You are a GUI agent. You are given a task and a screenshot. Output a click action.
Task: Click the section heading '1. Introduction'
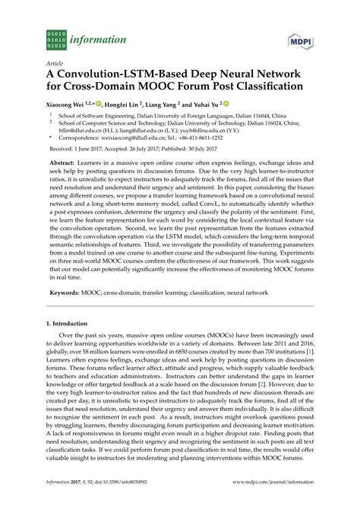(63, 323)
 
